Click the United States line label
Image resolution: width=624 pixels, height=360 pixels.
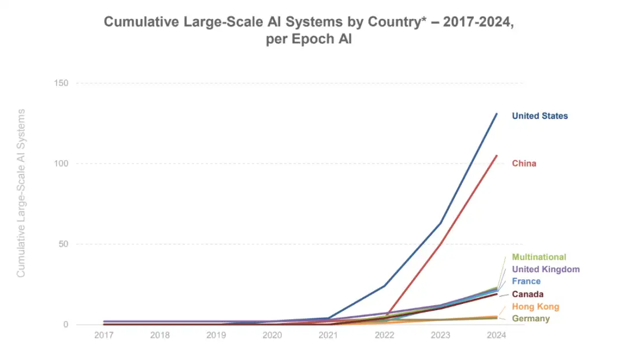(x=540, y=116)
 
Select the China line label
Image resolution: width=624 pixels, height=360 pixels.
(x=524, y=164)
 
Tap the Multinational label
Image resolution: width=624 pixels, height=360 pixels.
(x=539, y=257)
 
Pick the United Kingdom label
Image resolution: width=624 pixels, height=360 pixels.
(x=545, y=269)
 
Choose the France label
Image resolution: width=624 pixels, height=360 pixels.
(x=526, y=281)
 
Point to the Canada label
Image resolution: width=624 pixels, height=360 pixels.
(x=528, y=294)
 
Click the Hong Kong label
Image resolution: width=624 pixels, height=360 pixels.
(x=536, y=307)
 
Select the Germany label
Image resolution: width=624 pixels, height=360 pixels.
(x=531, y=318)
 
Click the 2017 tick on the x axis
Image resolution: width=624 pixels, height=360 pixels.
(x=104, y=336)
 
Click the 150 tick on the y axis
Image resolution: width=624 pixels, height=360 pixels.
(x=61, y=83)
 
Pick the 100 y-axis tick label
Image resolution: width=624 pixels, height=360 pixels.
(x=61, y=164)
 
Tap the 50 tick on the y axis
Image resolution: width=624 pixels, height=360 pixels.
(x=64, y=244)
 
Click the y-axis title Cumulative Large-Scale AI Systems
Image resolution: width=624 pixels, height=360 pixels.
(x=21, y=192)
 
